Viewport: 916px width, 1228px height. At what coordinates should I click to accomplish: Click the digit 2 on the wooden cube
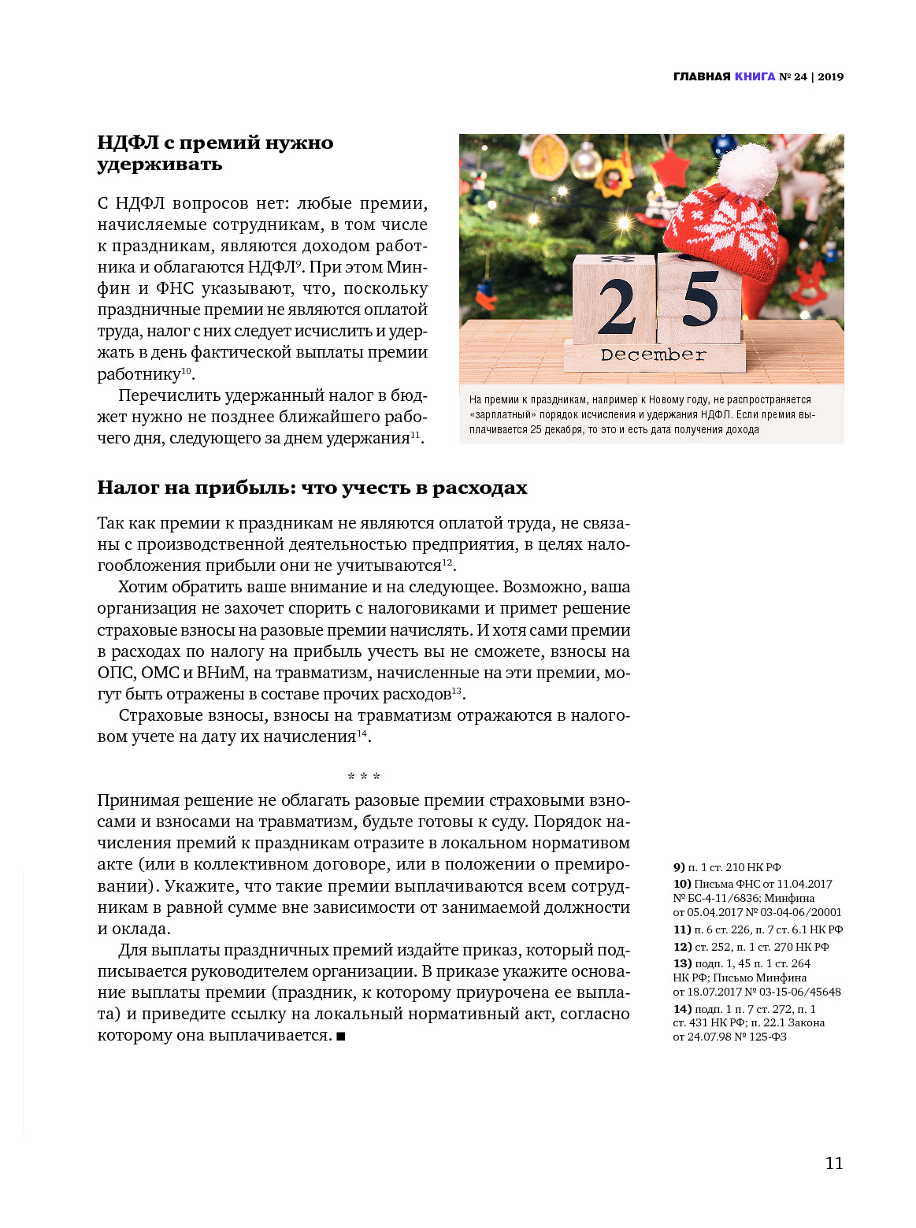pyautogui.click(x=616, y=306)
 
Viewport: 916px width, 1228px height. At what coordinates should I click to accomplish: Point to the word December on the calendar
pyautogui.click(x=652, y=355)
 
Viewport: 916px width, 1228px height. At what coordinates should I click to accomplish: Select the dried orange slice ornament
pyautogui.click(x=549, y=157)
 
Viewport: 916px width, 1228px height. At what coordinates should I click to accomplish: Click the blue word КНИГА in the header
pyautogui.click(x=755, y=76)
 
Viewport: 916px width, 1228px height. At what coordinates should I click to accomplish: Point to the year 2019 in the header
pyautogui.click(x=830, y=76)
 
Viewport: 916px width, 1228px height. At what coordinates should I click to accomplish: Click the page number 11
pyautogui.click(x=833, y=1163)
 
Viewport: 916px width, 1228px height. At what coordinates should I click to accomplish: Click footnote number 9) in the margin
pyautogui.click(x=679, y=867)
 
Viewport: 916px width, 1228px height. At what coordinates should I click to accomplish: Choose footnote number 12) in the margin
pyautogui.click(x=682, y=947)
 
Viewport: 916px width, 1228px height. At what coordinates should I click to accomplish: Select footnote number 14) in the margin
pyautogui.click(x=682, y=1009)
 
